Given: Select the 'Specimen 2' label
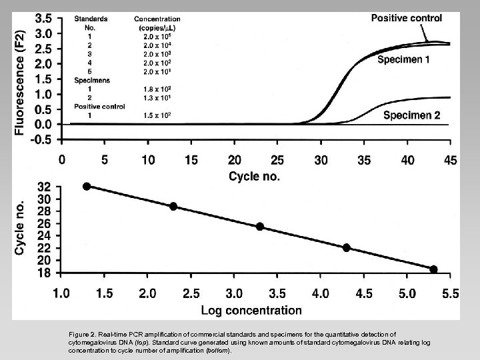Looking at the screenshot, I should tap(411, 115).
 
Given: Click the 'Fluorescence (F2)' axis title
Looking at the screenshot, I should tap(21, 74).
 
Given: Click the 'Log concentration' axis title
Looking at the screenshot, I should tap(252, 309).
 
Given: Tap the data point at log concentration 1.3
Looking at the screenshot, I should tap(87, 187).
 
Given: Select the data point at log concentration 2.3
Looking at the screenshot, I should tap(173, 207).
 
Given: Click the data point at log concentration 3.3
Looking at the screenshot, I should tap(260, 227).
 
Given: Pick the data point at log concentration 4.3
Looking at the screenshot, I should tap(347, 247).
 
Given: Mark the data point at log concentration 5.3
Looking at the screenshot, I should tap(433, 269).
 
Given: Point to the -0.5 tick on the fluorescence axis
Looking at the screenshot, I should tap(43, 139).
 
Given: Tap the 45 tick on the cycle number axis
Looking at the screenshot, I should tap(450, 160).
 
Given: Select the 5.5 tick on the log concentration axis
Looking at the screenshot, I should tap(450, 293).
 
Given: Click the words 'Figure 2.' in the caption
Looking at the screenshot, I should tap(83, 334).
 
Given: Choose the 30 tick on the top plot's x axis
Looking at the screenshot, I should tap(321, 160).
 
